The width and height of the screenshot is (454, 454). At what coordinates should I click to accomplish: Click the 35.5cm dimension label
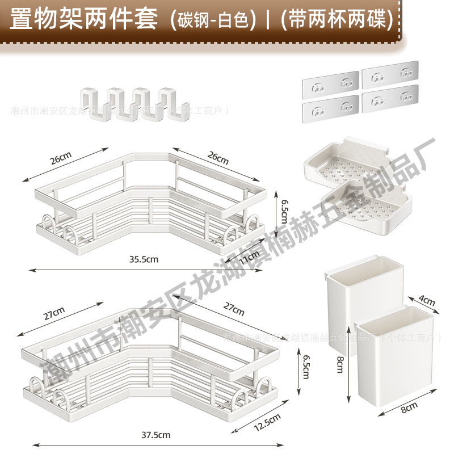coord(142,259)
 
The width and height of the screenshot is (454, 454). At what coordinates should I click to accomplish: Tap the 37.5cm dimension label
coord(156,435)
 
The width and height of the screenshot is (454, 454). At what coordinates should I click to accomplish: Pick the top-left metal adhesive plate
coord(330,81)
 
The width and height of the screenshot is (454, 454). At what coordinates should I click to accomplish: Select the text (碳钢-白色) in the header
coord(210,20)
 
